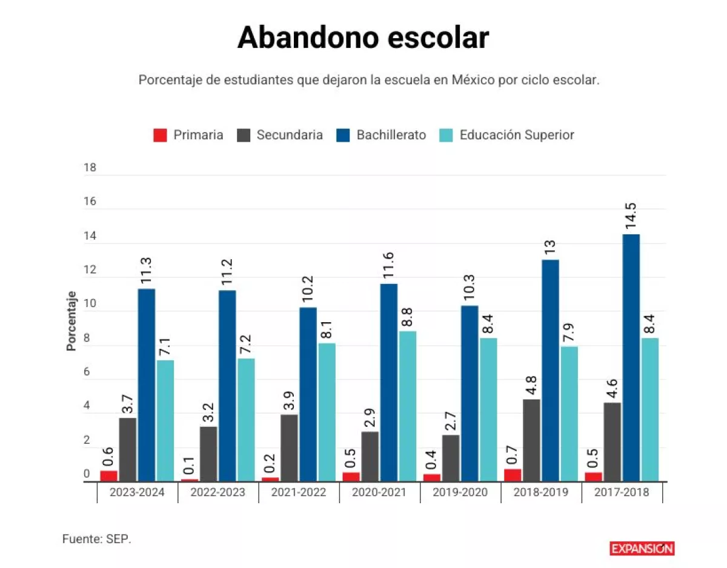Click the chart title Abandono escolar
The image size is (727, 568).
[x=363, y=38]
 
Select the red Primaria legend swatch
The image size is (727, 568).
[x=160, y=136]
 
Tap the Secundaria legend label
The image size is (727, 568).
[x=290, y=135]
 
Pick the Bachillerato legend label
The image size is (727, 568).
[x=391, y=135]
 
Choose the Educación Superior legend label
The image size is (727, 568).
[x=517, y=135]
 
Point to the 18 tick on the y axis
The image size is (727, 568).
[x=90, y=168]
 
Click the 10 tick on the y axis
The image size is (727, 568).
[x=90, y=303]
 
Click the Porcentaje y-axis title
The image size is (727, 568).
[x=71, y=321]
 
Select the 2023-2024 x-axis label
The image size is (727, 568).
[x=137, y=492]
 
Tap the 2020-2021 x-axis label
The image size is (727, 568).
[x=379, y=492]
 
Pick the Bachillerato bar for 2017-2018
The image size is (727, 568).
[x=631, y=358]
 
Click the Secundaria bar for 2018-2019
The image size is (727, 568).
[x=531, y=441]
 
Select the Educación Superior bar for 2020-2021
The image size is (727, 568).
[x=408, y=406]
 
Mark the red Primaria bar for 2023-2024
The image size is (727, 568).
[x=108, y=477]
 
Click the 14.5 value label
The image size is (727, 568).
[x=631, y=216]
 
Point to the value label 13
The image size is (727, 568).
[x=550, y=248]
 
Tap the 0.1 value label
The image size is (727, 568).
[x=189, y=466]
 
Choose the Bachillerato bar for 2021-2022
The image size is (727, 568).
[x=308, y=394]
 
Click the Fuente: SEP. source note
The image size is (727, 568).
[x=97, y=539]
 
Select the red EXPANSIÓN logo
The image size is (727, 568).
[x=642, y=548]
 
